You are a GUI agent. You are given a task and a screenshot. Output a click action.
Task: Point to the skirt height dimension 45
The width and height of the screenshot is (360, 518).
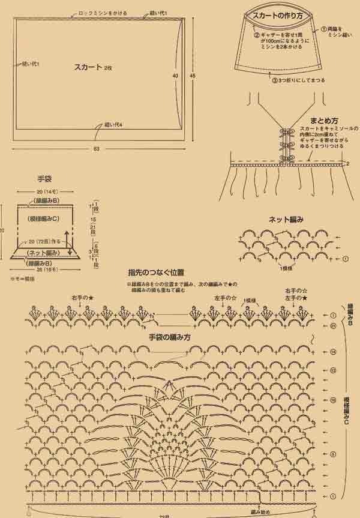coord(192,76)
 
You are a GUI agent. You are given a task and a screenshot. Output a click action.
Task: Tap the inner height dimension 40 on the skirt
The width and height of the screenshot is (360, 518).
coord(175,76)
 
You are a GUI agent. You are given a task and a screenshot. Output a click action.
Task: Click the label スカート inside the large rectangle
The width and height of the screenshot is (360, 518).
coord(88,67)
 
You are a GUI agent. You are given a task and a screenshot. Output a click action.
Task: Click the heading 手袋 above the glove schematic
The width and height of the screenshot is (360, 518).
coord(45,178)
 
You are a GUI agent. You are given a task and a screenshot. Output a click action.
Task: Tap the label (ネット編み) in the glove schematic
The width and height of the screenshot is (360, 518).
coord(42,253)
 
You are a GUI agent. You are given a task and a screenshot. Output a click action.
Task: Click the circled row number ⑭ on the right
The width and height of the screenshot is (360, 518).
coord(332,351)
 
